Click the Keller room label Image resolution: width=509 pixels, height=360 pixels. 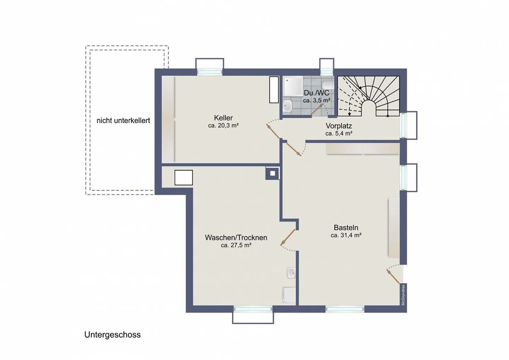tap(223, 118)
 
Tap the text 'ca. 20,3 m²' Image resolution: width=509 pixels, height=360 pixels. tap(223, 126)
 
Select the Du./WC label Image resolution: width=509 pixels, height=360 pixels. tap(317, 93)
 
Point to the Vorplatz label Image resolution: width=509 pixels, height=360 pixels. tap(339, 126)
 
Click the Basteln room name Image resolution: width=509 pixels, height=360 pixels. tap(346, 227)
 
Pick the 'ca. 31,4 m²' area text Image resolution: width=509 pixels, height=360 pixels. tap(346, 235)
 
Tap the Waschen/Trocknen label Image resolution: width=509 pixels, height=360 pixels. tap(236, 238)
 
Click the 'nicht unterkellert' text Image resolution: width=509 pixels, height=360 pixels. tap(123, 121)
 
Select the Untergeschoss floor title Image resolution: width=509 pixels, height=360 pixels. tap(112, 335)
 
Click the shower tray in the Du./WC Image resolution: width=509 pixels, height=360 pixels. tap(293, 86)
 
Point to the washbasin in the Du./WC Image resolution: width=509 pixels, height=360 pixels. tap(288, 106)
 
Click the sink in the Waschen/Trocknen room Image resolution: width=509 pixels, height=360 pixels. tap(291, 273)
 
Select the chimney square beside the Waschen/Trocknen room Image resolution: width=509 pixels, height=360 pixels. tap(273, 173)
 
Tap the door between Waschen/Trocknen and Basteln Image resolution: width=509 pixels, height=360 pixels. tap(288, 237)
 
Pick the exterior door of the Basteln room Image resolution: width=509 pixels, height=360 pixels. tap(393, 276)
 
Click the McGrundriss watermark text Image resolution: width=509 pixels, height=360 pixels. tap(403, 295)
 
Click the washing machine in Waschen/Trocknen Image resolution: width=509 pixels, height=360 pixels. tap(289, 295)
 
